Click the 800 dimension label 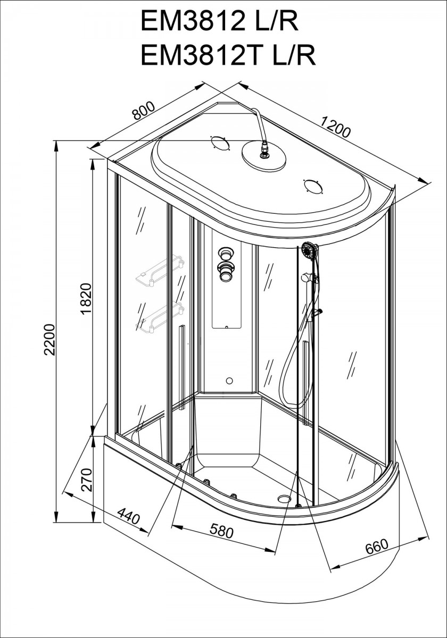coord(143,111)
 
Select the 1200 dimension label coord(335,127)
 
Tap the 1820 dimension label coord(86,298)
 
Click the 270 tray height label coord(86,480)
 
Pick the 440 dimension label coord(129,517)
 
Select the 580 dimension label coord(222,530)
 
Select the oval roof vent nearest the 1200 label coord(313,187)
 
